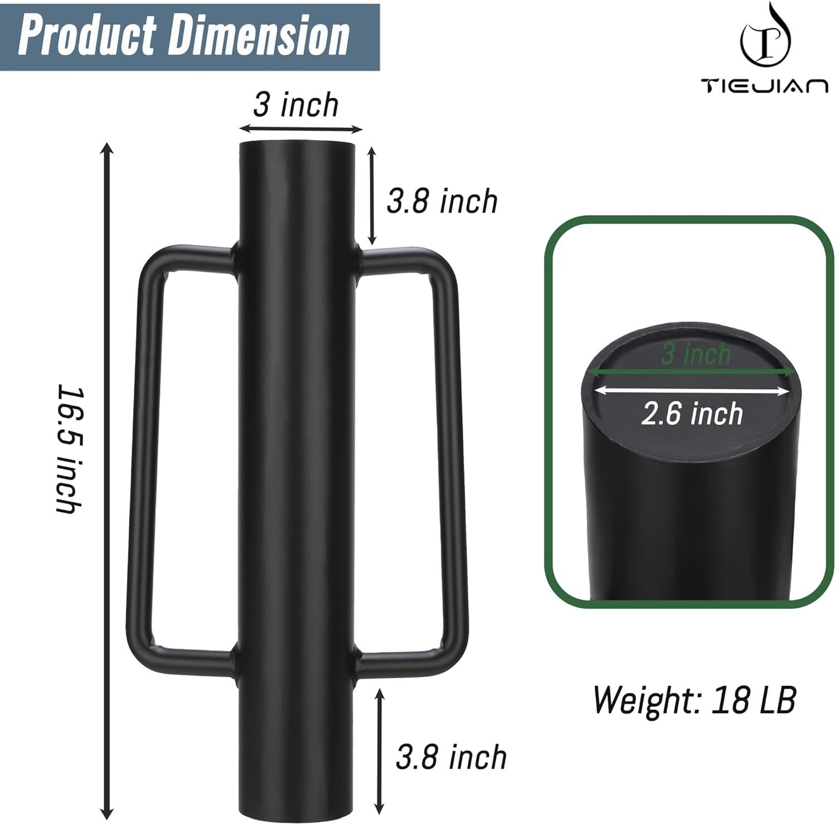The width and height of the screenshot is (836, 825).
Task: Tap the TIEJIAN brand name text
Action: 764,86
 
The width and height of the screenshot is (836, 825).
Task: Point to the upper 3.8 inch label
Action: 442,201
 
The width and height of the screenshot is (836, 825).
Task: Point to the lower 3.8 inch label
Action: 451,757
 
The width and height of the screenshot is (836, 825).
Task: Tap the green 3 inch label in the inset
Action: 696,354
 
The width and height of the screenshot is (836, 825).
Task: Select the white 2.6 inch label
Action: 692,414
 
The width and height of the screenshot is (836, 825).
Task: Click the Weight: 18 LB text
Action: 694,700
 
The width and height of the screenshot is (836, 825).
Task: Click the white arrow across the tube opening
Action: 691,392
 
